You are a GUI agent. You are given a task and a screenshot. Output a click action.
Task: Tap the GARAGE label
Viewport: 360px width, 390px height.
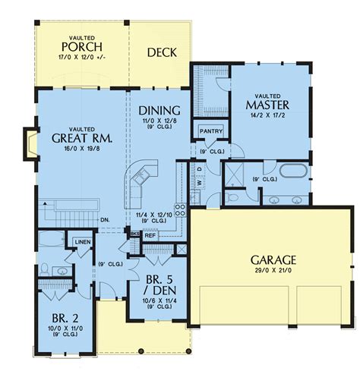[x=273, y=259]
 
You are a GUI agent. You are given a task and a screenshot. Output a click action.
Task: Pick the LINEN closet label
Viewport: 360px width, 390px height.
[x=82, y=242]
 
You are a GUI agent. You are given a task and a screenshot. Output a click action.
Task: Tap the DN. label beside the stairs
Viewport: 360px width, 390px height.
[x=107, y=221]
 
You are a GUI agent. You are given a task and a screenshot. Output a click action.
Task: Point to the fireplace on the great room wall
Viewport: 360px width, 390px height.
[x=30, y=144]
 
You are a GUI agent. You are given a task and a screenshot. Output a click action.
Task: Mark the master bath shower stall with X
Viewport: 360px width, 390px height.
[x=237, y=171]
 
